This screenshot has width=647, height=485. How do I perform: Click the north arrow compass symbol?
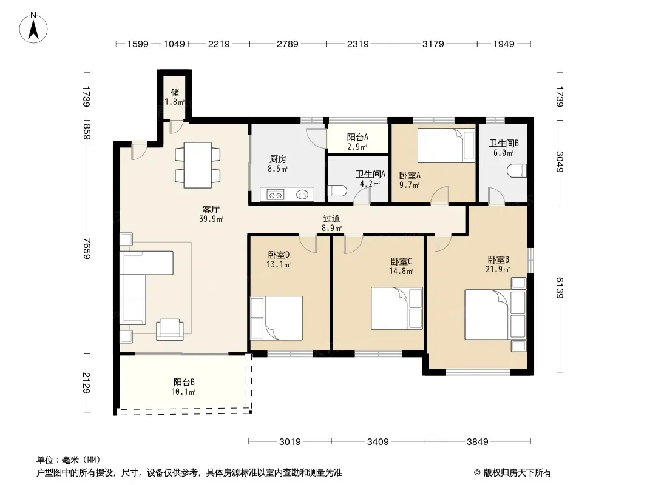[x=33, y=28]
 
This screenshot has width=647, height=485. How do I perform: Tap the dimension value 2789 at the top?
[x=287, y=44]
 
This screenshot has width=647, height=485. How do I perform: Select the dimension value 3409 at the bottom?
[x=378, y=442]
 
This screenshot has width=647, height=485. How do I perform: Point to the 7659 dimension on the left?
[x=86, y=249]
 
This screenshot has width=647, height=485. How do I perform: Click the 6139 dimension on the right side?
[x=560, y=287]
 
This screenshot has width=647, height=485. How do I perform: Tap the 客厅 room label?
[x=211, y=209]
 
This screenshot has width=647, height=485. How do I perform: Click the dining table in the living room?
[x=198, y=165]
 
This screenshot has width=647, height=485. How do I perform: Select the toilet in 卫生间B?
[x=517, y=170]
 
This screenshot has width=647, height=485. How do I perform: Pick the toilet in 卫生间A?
[x=337, y=191]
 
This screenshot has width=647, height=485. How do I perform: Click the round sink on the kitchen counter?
[x=302, y=194]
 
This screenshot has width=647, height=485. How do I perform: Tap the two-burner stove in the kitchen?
[x=275, y=194]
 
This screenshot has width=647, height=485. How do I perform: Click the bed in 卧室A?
[x=446, y=145]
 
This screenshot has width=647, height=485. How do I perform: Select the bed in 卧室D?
[x=276, y=318]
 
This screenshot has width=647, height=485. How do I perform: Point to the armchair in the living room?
[x=169, y=329]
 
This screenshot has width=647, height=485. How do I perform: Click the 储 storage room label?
[x=175, y=92]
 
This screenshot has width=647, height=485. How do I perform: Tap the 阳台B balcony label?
[x=184, y=382]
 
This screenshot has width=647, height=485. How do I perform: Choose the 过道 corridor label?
[x=331, y=218]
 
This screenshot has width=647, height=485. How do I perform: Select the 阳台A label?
[x=357, y=137]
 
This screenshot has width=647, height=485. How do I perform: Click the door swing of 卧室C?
[x=353, y=244]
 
